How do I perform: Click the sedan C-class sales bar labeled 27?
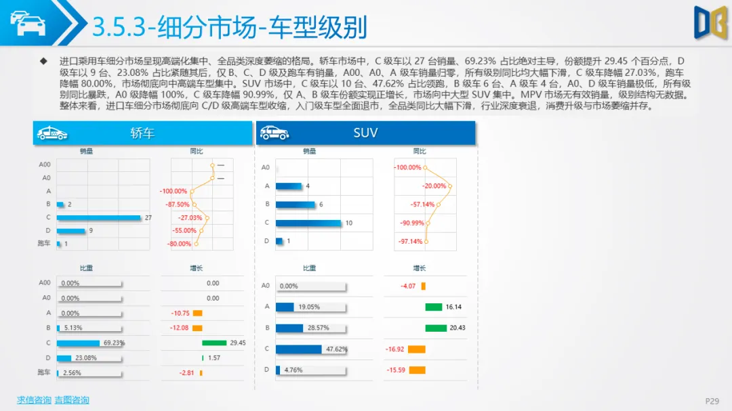[x=98, y=217]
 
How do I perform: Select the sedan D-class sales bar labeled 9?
[x=71, y=231]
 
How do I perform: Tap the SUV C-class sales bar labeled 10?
[x=309, y=223]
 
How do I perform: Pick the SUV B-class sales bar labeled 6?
[x=296, y=204]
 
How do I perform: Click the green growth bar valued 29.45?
[x=214, y=343]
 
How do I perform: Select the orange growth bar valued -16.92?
[x=416, y=349]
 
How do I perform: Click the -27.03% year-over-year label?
[x=190, y=218]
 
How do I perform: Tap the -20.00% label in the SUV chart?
[x=434, y=186]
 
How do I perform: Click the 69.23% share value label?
[x=114, y=343]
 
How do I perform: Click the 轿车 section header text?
[x=142, y=133]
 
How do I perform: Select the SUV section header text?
[x=365, y=133]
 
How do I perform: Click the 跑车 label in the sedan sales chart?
[x=44, y=244]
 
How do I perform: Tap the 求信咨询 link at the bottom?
[x=34, y=400]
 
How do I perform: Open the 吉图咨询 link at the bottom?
[x=72, y=400]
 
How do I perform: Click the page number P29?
[x=712, y=401]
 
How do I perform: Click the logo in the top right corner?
[x=709, y=22]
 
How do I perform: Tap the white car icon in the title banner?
[x=27, y=23]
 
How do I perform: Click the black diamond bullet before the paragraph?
[x=44, y=61]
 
